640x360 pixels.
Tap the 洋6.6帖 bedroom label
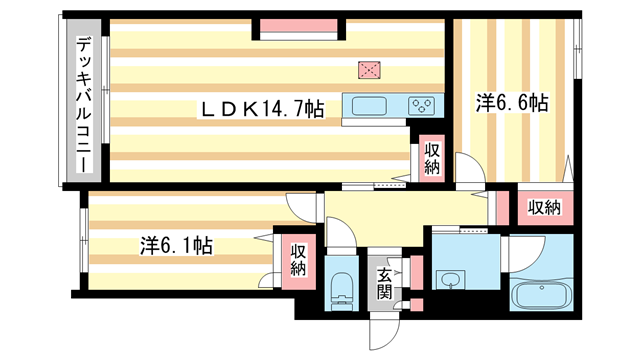[x=511, y=103]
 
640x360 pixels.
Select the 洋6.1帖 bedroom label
[x=175, y=244]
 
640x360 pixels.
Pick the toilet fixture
[x=340, y=287]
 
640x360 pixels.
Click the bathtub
[x=540, y=296]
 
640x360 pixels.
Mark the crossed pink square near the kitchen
[x=371, y=70]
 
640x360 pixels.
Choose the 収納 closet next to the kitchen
[x=431, y=159]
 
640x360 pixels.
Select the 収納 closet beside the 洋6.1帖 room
[x=298, y=260]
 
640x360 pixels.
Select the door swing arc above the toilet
[x=340, y=233]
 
